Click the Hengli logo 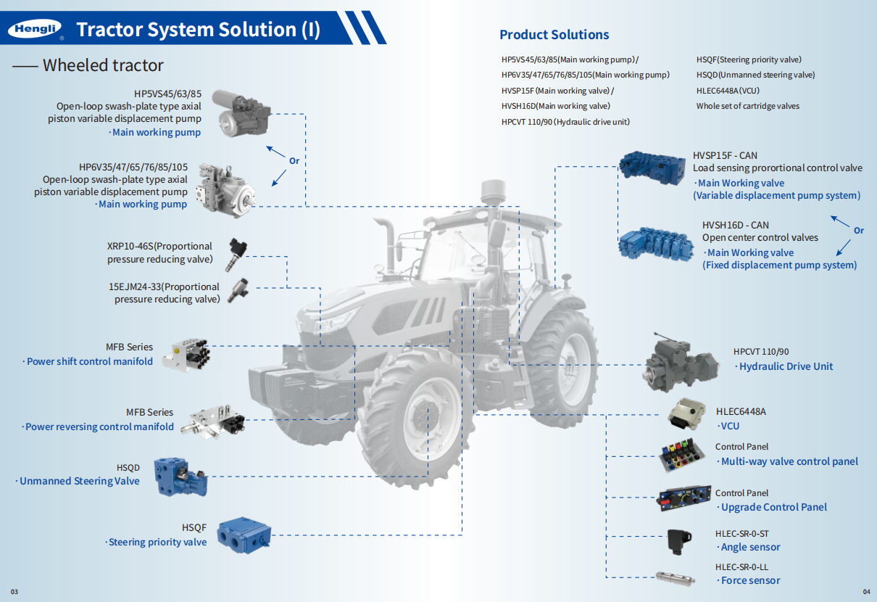(x=35, y=29)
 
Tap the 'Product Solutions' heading (x=554, y=35)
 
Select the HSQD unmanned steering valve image (x=181, y=477)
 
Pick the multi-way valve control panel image (x=682, y=456)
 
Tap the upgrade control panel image (x=683, y=499)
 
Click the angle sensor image (x=679, y=541)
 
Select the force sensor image (x=675, y=577)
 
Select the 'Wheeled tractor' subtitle (x=102, y=65)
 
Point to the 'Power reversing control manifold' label (x=99, y=427)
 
